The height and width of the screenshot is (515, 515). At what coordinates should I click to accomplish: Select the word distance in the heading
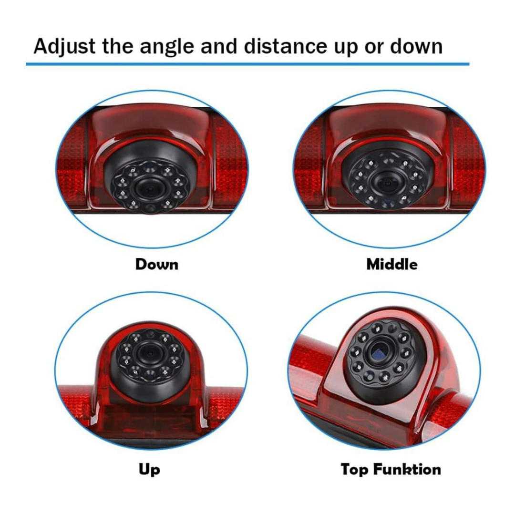285,46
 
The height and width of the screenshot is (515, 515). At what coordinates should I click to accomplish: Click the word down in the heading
416,46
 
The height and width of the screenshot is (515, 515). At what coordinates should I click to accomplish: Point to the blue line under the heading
247,64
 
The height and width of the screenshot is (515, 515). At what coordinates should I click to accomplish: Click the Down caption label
157,264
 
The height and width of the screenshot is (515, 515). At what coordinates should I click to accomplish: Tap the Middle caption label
392,264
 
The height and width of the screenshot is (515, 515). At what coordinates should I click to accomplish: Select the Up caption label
149,470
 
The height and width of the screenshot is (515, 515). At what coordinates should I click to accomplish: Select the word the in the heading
118,46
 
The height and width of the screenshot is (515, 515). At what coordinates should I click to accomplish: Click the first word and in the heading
219,46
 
